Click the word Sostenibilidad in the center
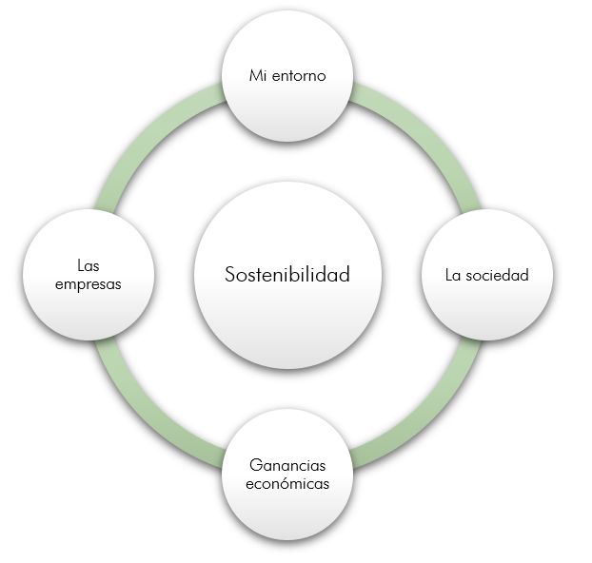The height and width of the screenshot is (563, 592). click(x=287, y=274)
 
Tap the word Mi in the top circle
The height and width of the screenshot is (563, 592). click(x=257, y=75)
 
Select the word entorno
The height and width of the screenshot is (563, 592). click(x=299, y=76)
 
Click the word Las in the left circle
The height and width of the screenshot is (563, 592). click(x=89, y=265)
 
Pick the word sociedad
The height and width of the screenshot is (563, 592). click(x=497, y=275)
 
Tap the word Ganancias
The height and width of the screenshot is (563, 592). click(x=287, y=465)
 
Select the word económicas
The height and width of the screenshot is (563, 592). click(x=287, y=483)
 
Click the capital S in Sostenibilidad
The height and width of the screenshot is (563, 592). click(x=230, y=274)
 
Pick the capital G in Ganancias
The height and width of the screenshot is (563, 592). click(x=256, y=465)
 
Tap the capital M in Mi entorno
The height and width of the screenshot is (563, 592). click(x=255, y=75)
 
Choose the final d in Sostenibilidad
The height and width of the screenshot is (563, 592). click(x=344, y=274)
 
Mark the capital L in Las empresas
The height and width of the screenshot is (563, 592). click(x=80, y=265)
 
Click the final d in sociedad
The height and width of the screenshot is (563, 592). click(x=524, y=275)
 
